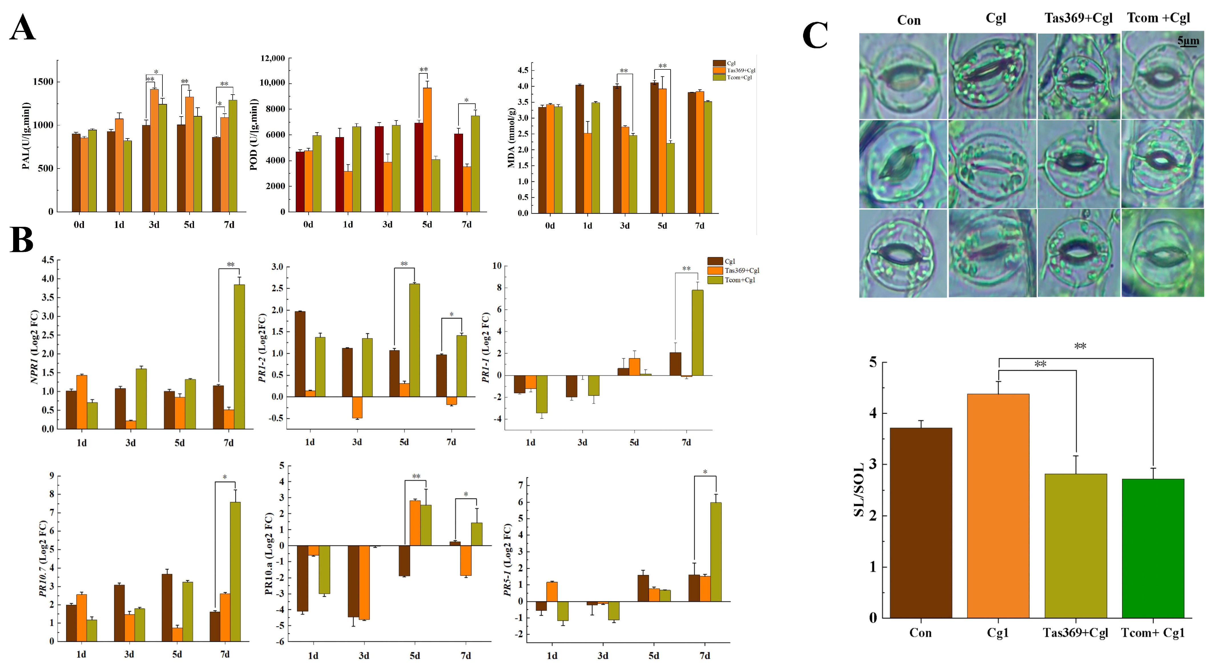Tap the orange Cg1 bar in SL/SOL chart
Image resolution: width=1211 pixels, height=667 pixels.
(x=998, y=506)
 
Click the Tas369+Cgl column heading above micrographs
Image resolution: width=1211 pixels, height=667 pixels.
(x=1079, y=18)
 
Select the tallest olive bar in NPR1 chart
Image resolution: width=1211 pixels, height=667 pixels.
(x=239, y=356)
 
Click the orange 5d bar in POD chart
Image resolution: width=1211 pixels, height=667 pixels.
(x=427, y=150)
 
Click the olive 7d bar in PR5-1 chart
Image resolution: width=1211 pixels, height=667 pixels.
(x=715, y=552)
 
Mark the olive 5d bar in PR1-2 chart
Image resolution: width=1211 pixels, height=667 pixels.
(x=415, y=340)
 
